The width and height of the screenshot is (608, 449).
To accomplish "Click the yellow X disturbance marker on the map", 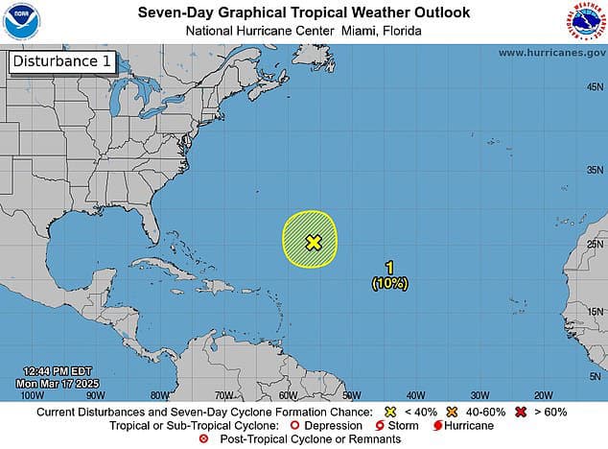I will coord(313,242).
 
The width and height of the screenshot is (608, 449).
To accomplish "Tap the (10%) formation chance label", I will coord(389,283).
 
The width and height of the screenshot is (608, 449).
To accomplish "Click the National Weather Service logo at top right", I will coord(587,21).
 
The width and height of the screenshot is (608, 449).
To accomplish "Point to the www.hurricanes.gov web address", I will coord(551,53).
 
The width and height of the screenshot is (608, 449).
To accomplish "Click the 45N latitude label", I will coord(594,85).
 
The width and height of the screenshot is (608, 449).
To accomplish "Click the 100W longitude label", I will coord(32,394).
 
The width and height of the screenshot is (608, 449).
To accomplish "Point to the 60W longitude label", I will coord(287,394).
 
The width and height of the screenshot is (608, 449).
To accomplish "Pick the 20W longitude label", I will coord(543,394).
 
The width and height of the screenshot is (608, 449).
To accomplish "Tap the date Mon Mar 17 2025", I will coord(61,383).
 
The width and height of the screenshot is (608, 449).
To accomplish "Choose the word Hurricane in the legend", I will coord(469,425).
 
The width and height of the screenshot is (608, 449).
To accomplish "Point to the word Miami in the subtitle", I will coord(357,31).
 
